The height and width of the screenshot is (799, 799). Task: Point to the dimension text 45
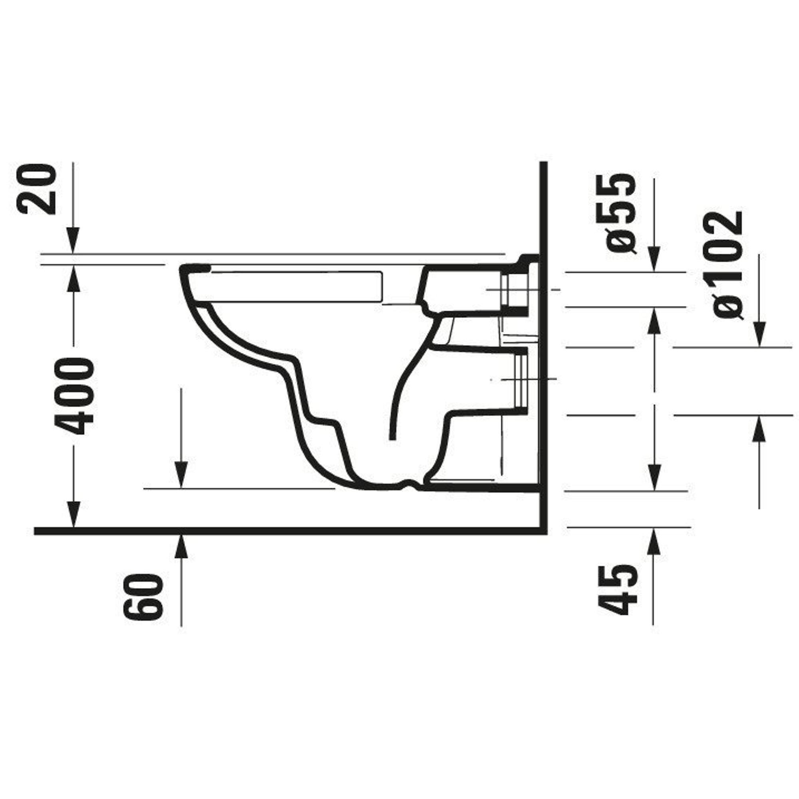618,590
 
